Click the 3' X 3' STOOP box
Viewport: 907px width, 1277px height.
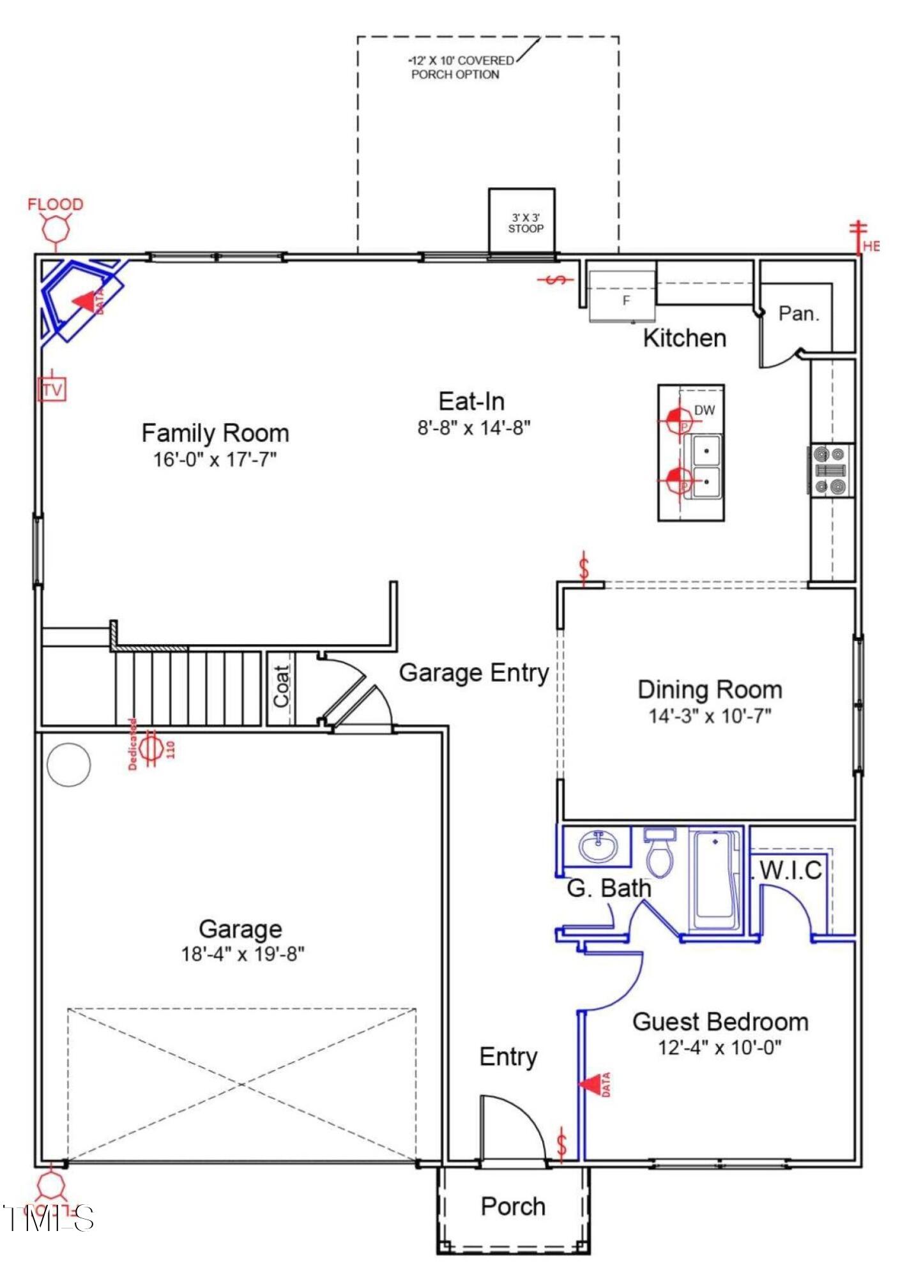click(x=521, y=221)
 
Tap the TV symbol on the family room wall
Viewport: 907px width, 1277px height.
click(x=52, y=389)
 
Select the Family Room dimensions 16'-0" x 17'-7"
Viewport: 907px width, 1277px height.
click(x=215, y=459)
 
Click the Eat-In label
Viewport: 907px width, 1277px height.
click(x=471, y=402)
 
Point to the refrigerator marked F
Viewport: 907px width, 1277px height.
click(x=622, y=298)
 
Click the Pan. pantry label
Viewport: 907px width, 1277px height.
click(x=798, y=314)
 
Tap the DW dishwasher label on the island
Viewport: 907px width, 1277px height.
click(x=704, y=410)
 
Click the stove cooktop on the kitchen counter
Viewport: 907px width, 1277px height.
click(x=830, y=471)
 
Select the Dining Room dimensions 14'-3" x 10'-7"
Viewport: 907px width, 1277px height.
click(x=710, y=716)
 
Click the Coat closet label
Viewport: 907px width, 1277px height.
click(x=282, y=687)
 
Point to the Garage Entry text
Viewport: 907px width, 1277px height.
click(x=473, y=673)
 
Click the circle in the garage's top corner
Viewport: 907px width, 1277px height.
click(x=69, y=764)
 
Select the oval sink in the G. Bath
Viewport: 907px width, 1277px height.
click(x=598, y=847)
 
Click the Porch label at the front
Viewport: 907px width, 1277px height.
click(x=513, y=1207)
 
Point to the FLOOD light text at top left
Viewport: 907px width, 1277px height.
click(x=56, y=204)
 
